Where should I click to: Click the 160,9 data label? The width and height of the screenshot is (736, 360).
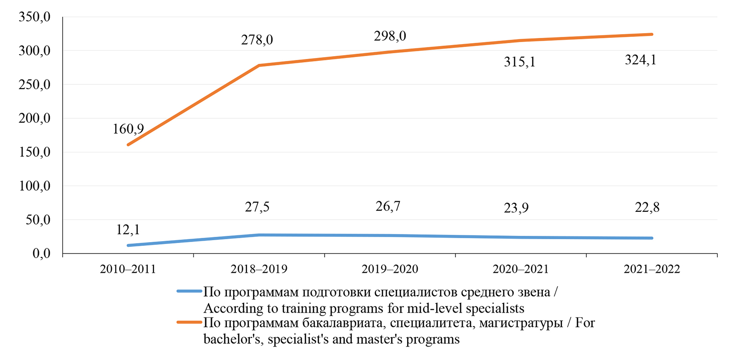pyautogui.click(x=129, y=129)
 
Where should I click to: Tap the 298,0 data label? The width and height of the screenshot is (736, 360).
pyautogui.click(x=389, y=36)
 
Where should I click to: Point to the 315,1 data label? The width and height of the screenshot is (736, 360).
pyautogui.click(x=520, y=62)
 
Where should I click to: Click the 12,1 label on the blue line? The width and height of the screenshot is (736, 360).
pyautogui.click(x=128, y=230)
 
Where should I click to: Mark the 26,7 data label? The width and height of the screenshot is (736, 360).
pyautogui.click(x=389, y=206)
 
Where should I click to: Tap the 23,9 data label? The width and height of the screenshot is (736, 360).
pyautogui.click(x=520, y=209)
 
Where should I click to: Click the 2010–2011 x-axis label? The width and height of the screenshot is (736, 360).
pyautogui.click(x=128, y=269)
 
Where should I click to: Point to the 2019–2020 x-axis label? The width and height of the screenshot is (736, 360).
pyautogui.click(x=390, y=269)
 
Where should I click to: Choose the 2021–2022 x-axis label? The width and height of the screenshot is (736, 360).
pyautogui.click(x=652, y=269)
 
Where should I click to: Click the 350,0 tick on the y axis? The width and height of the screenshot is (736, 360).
pyautogui.click(x=35, y=17)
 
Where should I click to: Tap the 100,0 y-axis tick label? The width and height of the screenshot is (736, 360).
pyautogui.click(x=35, y=186)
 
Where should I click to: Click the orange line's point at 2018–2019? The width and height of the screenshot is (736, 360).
pyautogui.click(x=259, y=66)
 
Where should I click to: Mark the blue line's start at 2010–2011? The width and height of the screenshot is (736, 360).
pyautogui.click(x=128, y=245)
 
